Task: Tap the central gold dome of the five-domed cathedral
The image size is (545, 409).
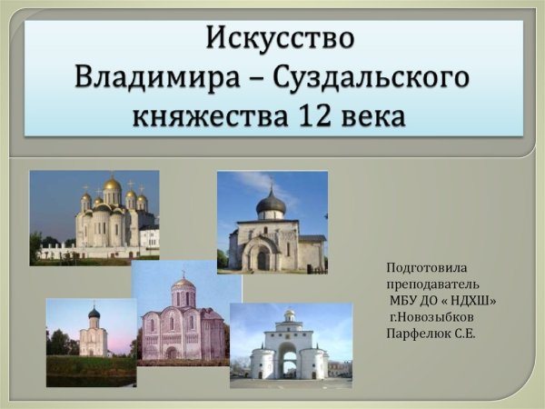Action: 112,185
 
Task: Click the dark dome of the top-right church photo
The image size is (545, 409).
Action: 271,201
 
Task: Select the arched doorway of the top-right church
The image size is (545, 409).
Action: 263,259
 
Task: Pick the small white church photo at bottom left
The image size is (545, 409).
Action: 91,339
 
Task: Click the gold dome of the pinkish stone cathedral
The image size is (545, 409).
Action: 183,283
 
